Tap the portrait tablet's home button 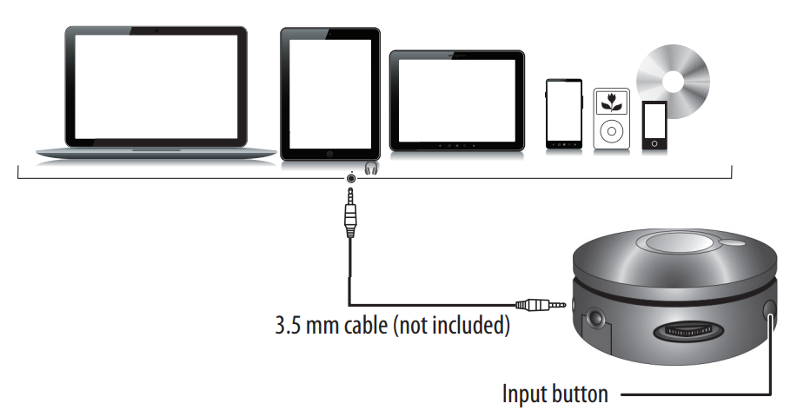tap(330, 152)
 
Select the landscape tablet tap(456, 100)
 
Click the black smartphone tap(563, 113)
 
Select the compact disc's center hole tap(672, 81)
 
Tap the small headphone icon tap(372, 168)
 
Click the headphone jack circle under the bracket tap(351, 178)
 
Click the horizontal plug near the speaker tap(539, 305)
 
